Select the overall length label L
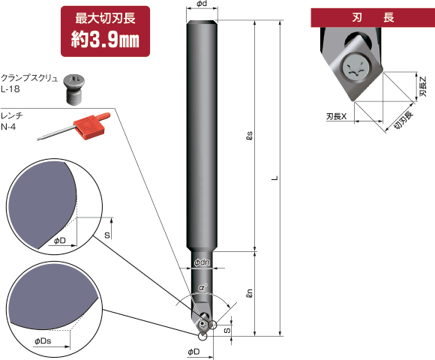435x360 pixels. (x=275, y=178)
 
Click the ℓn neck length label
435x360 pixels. (x=250, y=294)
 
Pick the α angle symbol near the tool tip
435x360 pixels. (x=202, y=287)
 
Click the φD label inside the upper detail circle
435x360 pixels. (x=61, y=241)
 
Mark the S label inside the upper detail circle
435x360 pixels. (x=107, y=234)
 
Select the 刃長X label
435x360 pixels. (x=337, y=117)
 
